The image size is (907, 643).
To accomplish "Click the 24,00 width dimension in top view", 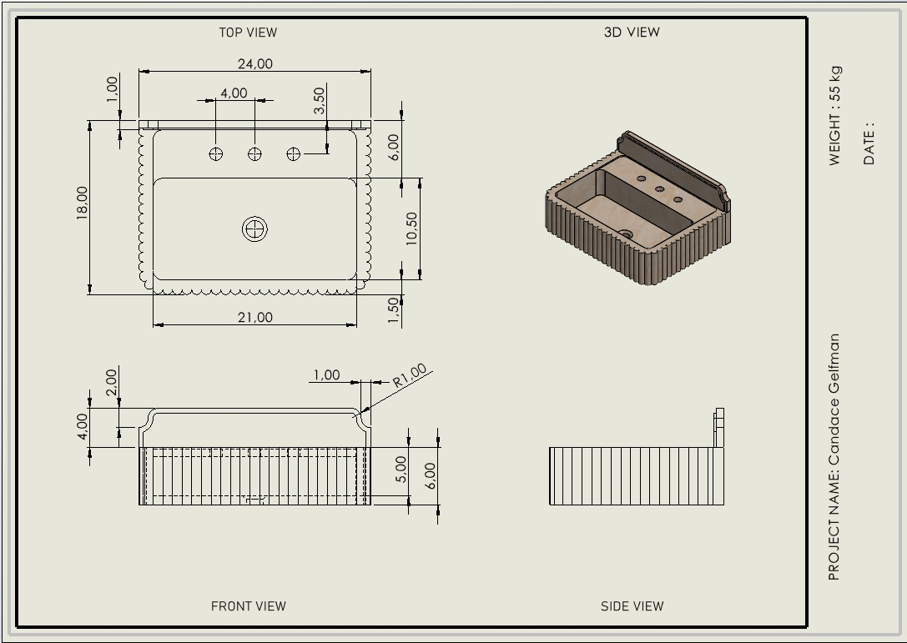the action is pyautogui.click(x=255, y=63).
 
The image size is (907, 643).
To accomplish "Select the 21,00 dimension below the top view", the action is pyautogui.click(x=255, y=317).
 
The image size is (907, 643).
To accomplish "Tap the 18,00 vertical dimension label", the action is pyautogui.click(x=82, y=203).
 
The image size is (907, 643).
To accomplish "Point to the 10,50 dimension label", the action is pyautogui.click(x=411, y=229).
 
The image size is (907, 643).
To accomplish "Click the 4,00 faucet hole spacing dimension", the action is pyautogui.click(x=234, y=93).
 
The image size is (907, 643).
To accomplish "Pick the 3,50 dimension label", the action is pyautogui.click(x=319, y=101).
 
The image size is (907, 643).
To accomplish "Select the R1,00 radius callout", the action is pyautogui.click(x=410, y=376).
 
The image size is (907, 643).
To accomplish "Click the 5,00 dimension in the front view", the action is pyautogui.click(x=401, y=469).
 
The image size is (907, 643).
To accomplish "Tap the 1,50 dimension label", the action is pyautogui.click(x=394, y=310).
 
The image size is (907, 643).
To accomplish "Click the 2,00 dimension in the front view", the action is pyautogui.click(x=111, y=383).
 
